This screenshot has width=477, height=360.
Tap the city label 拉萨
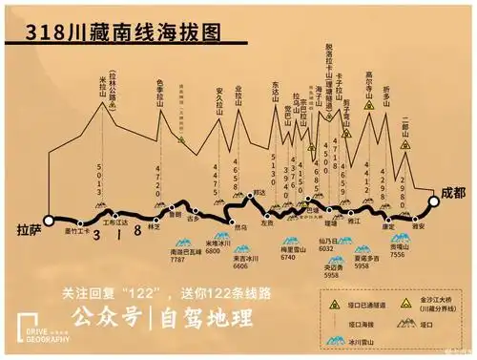[x=30, y=230]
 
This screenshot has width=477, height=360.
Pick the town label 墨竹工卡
[x=76, y=231]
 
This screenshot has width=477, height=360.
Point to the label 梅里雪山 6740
[x=291, y=253]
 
